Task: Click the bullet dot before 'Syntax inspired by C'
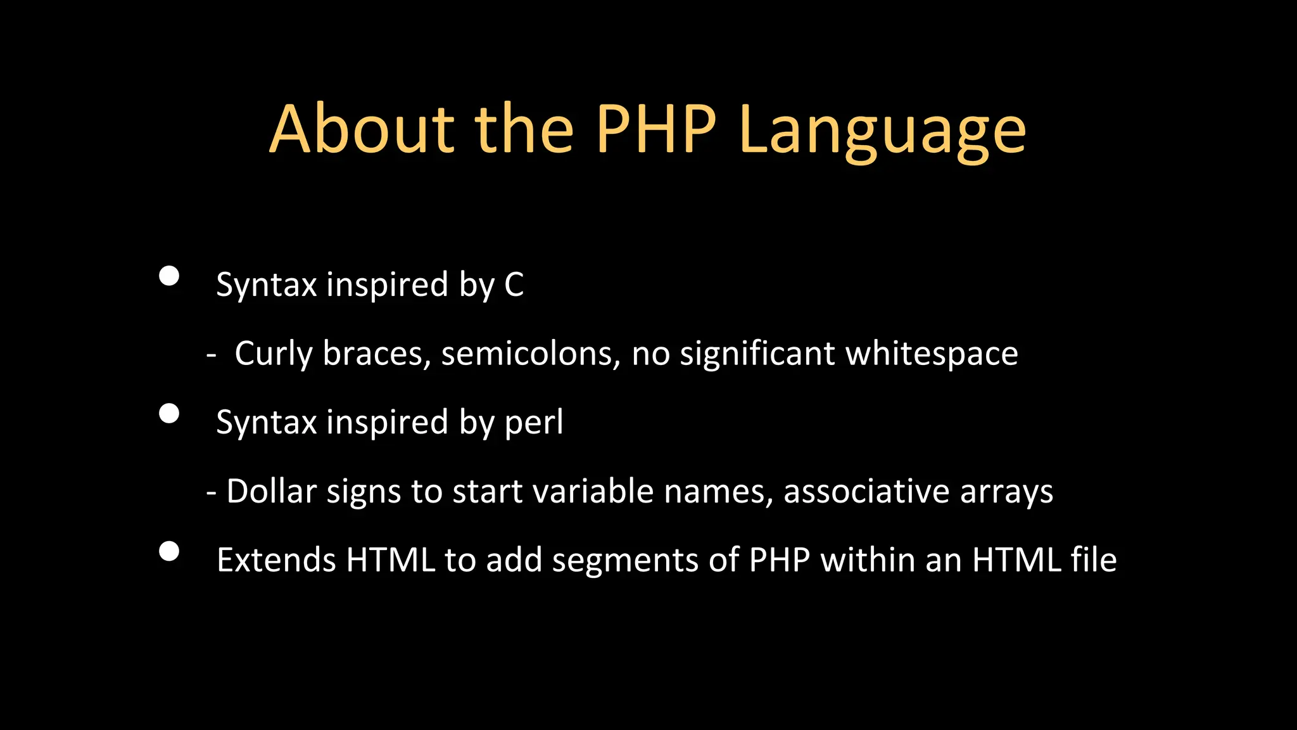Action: (169, 276)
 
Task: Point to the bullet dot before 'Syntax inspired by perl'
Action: (169, 414)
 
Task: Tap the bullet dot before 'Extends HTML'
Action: (169, 551)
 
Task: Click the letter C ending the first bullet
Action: (514, 285)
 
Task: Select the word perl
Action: (533, 423)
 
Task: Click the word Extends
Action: (275, 560)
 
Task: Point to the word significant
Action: (757, 354)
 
